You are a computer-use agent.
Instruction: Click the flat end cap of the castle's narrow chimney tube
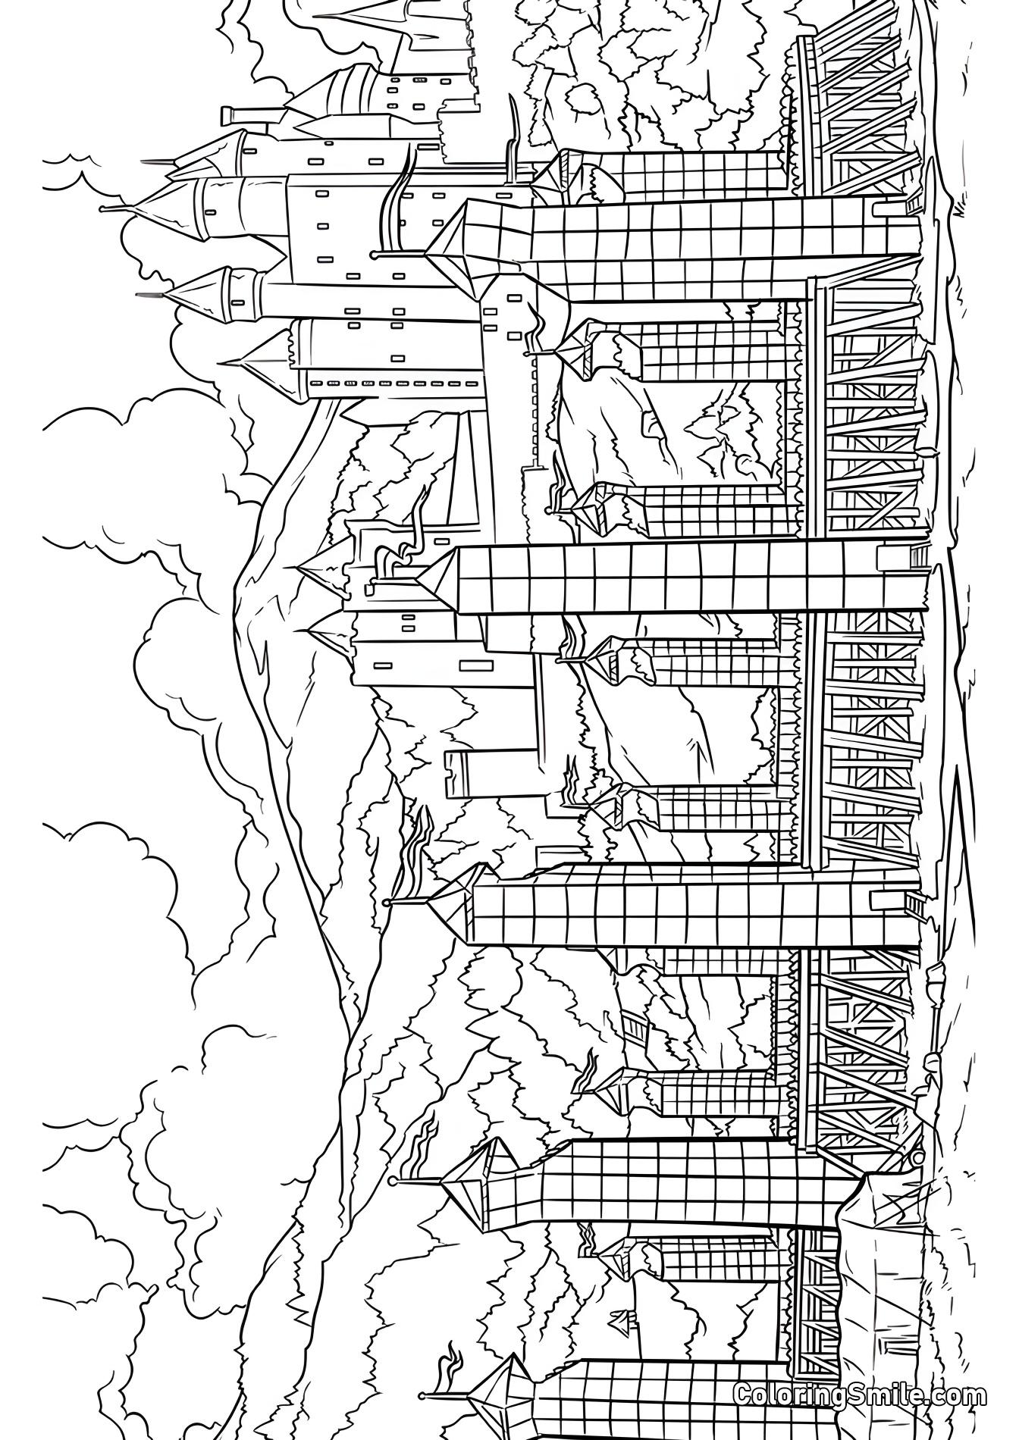coord(225,115)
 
